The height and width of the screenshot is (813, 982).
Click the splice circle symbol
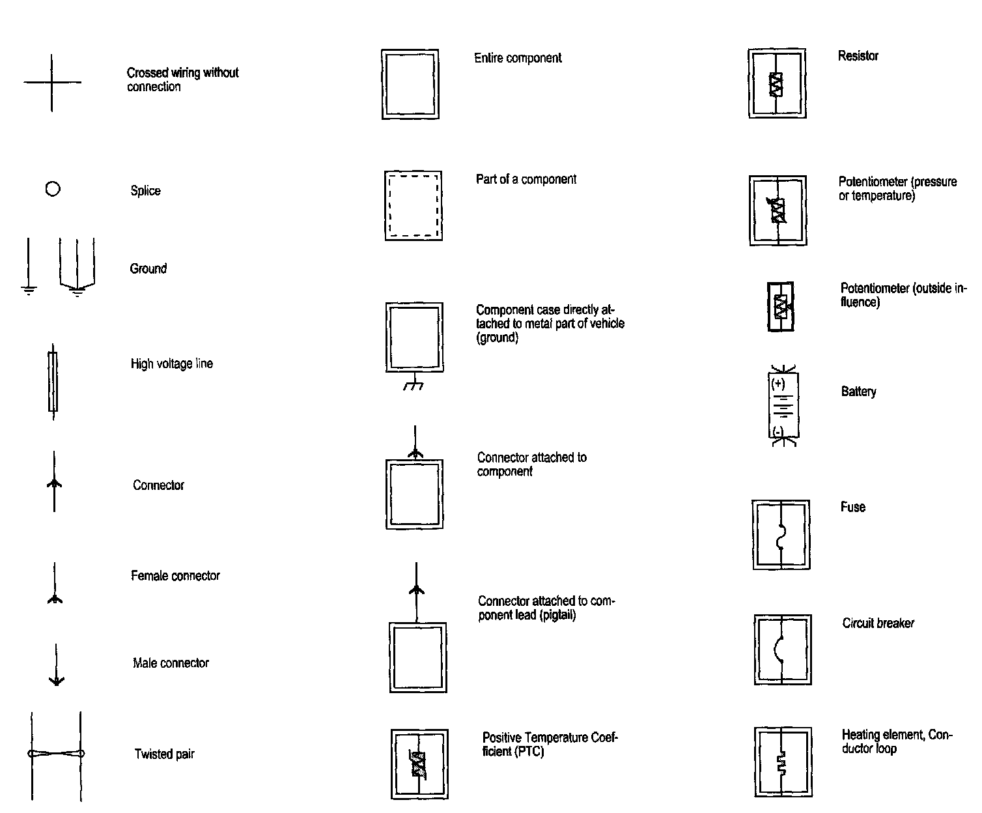click(53, 190)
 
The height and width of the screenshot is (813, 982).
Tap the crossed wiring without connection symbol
click(52, 83)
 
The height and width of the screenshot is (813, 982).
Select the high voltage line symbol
click(53, 382)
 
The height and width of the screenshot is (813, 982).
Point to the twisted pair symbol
click(56, 754)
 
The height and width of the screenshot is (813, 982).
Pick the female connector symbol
click(55, 584)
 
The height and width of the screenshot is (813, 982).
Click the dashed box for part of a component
click(414, 206)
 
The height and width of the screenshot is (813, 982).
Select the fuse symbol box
click(781, 535)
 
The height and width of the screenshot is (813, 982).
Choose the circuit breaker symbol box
click(782, 649)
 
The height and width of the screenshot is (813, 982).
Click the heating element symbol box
click(783, 762)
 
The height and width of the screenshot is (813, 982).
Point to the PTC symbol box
click(419, 764)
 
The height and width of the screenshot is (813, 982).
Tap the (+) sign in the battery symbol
click(778, 384)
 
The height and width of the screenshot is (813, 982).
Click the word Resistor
click(858, 56)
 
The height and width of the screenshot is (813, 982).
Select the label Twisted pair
click(164, 754)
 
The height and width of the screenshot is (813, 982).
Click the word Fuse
click(852, 507)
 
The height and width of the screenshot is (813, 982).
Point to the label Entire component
click(518, 58)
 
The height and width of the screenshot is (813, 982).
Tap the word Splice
click(145, 191)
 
